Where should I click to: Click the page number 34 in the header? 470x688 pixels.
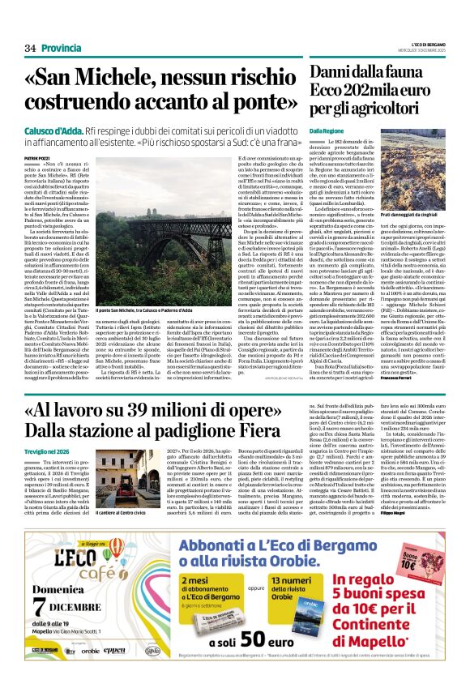31,49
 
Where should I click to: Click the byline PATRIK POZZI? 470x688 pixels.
36,157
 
